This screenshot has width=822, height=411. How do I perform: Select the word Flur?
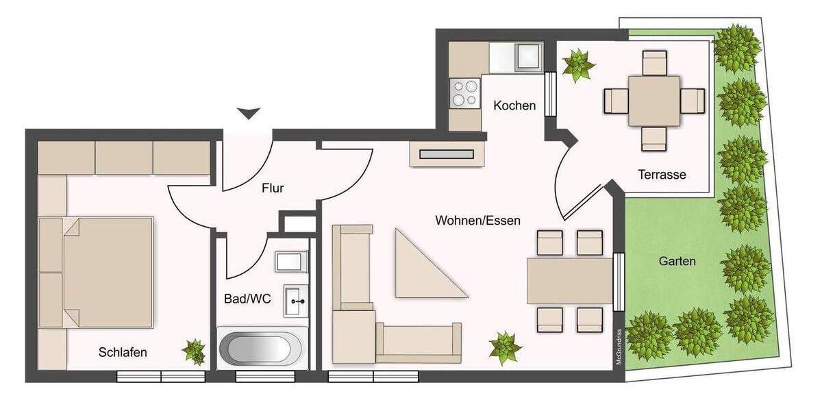pyautogui.click(x=273, y=188)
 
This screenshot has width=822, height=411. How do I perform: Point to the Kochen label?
pyautogui.click(x=514, y=105)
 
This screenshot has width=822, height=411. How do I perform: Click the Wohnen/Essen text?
pyautogui.click(x=477, y=221)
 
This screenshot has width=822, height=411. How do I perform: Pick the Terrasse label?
pyautogui.click(x=662, y=174)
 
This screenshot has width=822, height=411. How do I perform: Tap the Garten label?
pyautogui.click(x=677, y=261)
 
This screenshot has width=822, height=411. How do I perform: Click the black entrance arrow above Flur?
pyautogui.click(x=247, y=113)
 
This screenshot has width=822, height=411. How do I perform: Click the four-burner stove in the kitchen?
pyautogui.click(x=465, y=93)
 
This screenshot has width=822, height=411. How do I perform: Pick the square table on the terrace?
pyautogui.click(x=654, y=101)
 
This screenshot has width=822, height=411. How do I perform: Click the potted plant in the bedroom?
pyautogui.click(x=194, y=351)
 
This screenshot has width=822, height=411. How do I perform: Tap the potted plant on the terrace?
pyautogui.click(x=579, y=65)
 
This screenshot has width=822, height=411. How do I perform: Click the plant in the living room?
pyautogui.click(x=506, y=347)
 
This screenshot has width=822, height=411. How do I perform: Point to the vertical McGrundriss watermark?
pyautogui.click(x=618, y=346)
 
